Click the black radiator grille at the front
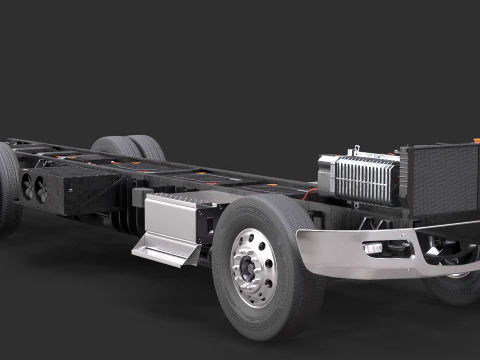click(439, 180)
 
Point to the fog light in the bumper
click(374, 248)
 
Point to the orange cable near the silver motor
click(311, 191)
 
